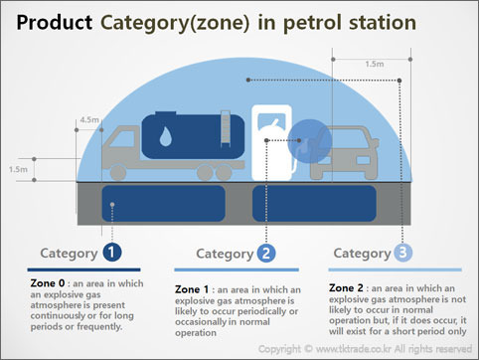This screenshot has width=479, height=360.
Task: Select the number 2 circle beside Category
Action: [266, 254]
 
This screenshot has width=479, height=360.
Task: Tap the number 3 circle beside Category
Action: [401, 253]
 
